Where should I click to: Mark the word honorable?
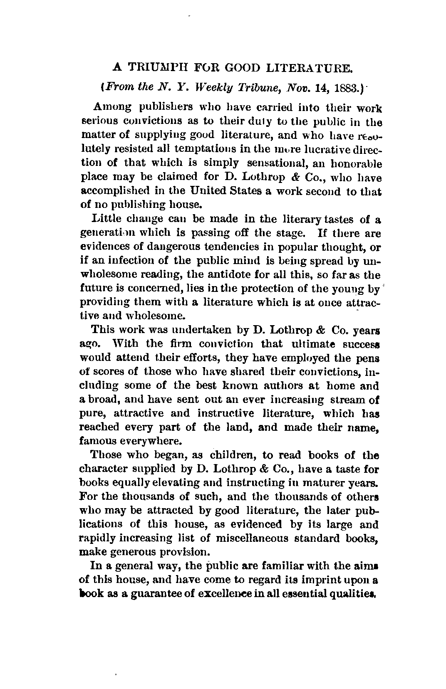click(357, 163)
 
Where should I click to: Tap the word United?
click(211, 191)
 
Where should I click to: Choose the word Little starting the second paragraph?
click(107, 219)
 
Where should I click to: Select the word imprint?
click(305, 580)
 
